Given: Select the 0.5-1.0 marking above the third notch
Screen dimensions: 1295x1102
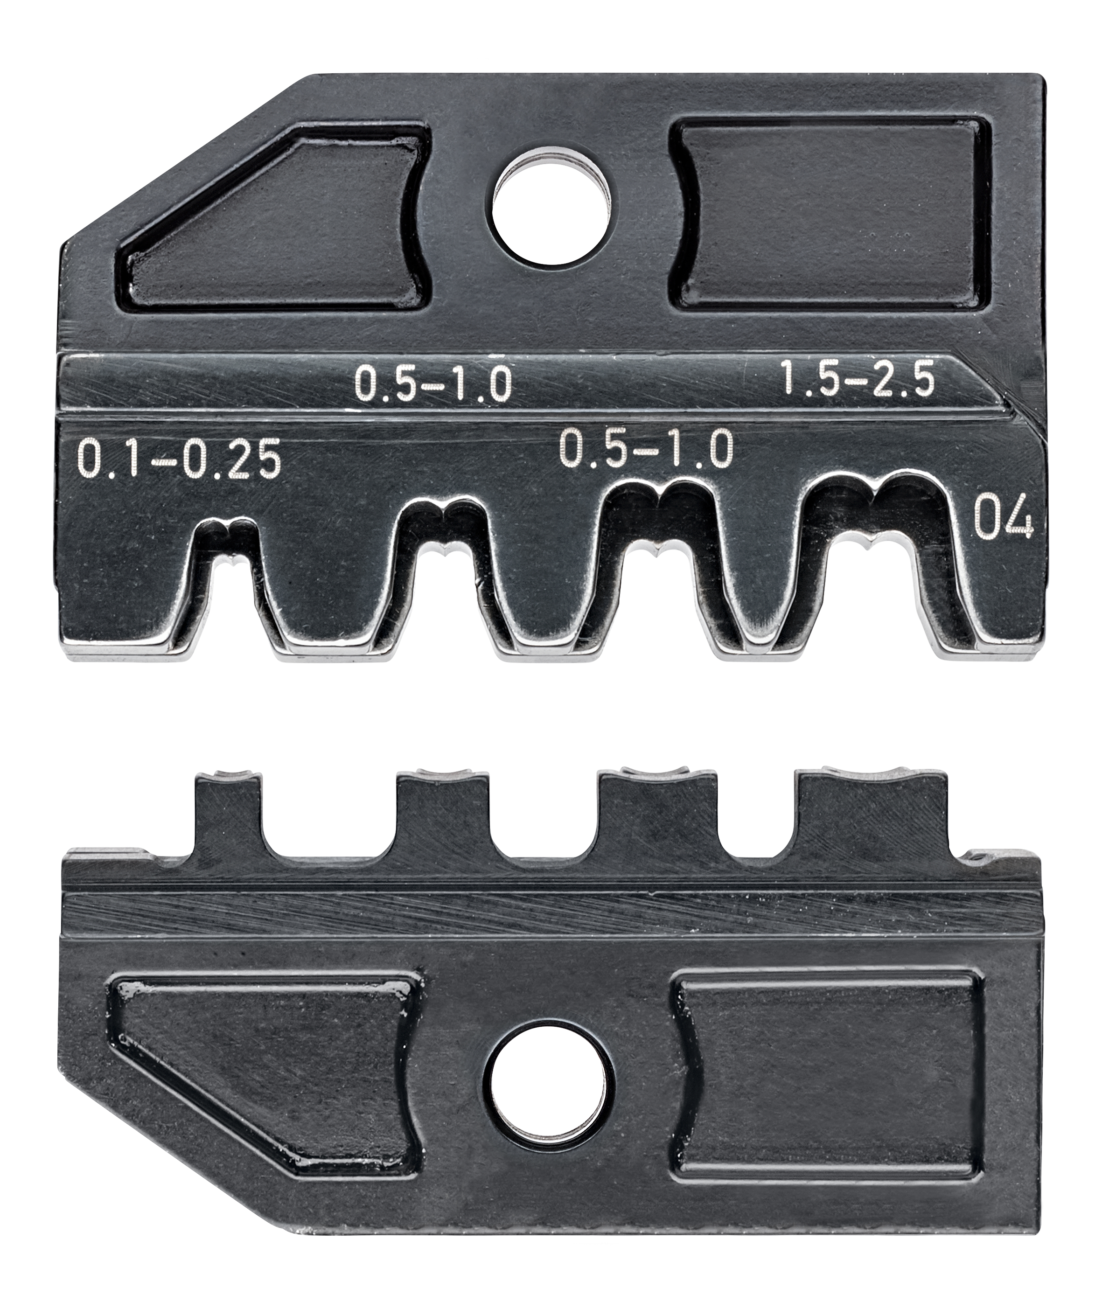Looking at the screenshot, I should pyautogui.click(x=645, y=449).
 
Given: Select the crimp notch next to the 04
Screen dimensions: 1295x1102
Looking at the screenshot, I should pyautogui.click(x=870, y=553).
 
